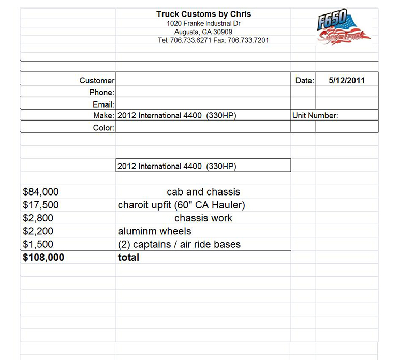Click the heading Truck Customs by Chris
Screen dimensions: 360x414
(203, 14)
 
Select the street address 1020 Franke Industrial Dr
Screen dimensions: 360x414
(203, 23)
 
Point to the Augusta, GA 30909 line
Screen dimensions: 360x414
(203, 32)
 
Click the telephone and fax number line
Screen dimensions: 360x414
(213, 40)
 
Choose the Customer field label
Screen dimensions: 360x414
(97, 80)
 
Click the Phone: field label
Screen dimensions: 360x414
(101, 92)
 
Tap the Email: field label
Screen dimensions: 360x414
(103, 104)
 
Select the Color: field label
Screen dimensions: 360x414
(103, 128)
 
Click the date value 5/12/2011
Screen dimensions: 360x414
(347, 80)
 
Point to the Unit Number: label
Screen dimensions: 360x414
(315, 116)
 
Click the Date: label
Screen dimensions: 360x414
(304, 80)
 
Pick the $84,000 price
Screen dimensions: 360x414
(41, 192)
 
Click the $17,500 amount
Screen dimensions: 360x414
(41, 205)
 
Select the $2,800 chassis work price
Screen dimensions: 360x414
(38, 218)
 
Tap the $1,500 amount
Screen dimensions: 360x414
(38, 244)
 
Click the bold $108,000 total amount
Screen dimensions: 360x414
(43, 257)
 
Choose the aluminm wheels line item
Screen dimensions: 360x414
(154, 231)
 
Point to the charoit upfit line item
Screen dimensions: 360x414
(181, 205)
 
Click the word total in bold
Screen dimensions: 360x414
(128, 257)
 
